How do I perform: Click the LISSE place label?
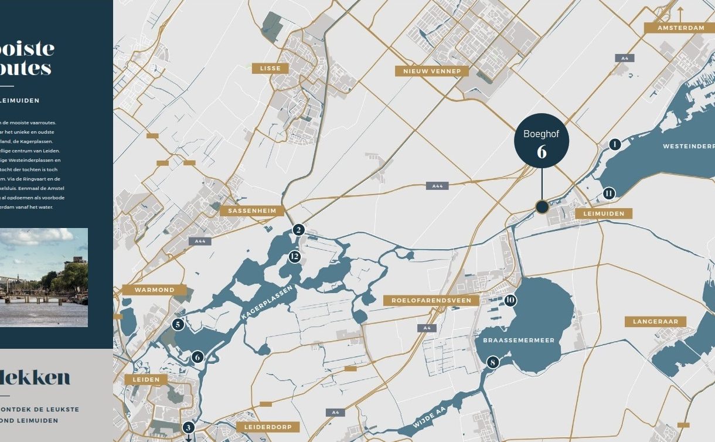[x=270, y=69]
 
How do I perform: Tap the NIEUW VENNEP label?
[x=432, y=72]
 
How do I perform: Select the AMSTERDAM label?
[x=680, y=28]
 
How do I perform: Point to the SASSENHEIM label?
[x=252, y=210]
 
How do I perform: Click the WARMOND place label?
[x=155, y=290]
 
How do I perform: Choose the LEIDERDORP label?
[x=268, y=427]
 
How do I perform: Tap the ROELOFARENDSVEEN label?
[x=431, y=300]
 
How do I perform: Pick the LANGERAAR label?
[x=655, y=321]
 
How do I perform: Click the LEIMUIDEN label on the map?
[x=604, y=213]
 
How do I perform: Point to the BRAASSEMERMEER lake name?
[x=519, y=340]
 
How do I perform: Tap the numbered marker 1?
[x=614, y=144]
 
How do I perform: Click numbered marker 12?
[x=294, y=257]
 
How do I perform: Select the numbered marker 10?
[x=510, y=300]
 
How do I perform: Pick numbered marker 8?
[x=493, y=362]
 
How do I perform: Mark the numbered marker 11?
[x=609, y=193]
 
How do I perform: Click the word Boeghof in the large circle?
[x=542, y=134]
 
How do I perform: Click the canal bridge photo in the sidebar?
[x=44, y=277]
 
